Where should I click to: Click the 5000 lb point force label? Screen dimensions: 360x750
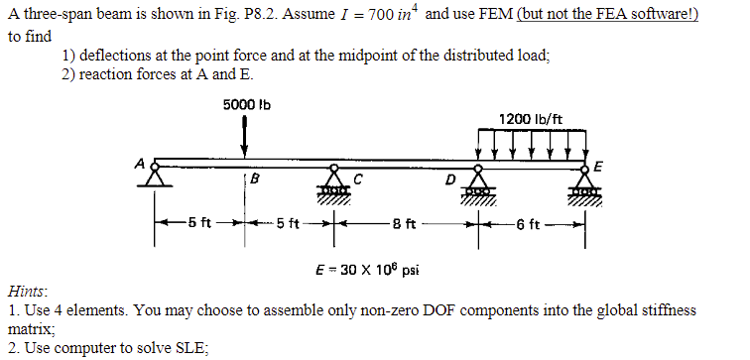pyautogui.click(x=247, y=105)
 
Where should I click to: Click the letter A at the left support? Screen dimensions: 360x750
pyautogui.click(x=142, y=163)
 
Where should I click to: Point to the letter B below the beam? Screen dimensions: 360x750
pyautogui.click(x=255, y=180)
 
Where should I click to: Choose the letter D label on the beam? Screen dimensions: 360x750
pyautogui.click(x=451, y=180)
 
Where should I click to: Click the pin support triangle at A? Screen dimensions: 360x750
pyautogui.click(x=155, y=177)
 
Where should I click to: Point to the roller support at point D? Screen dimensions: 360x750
pyautogui.click(x=479, y=180)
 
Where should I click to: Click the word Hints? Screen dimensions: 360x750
pyautogui.click(x=27, y=294)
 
